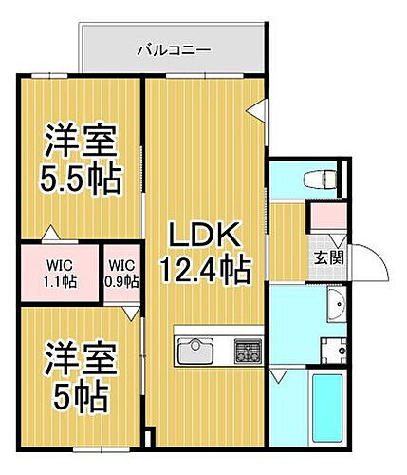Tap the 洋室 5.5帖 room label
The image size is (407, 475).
coord(83,159)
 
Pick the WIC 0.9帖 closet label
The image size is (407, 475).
coord(122,274)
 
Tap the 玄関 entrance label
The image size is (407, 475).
coord(328,256)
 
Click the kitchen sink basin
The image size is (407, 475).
coord(196,350)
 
